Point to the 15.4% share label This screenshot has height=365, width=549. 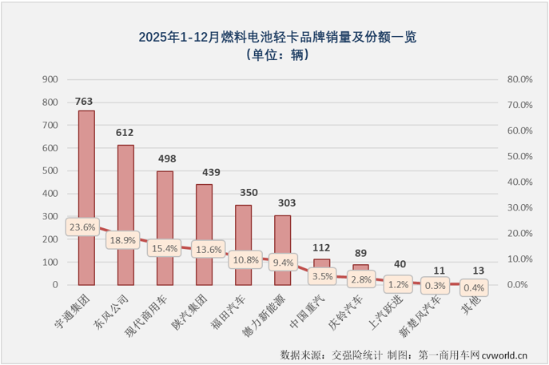(165, 249)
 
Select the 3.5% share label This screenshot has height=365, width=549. (322, 276)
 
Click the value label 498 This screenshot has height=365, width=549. (165, 157)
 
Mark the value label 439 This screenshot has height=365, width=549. (204, 170)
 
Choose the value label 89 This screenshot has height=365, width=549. (361, 251)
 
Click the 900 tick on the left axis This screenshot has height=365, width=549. (50, 79)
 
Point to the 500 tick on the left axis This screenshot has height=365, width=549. (50, 170)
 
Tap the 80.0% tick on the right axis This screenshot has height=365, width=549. (519, 79)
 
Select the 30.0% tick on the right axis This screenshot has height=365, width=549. (519, 207)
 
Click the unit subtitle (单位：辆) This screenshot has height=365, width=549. (274, 55)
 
